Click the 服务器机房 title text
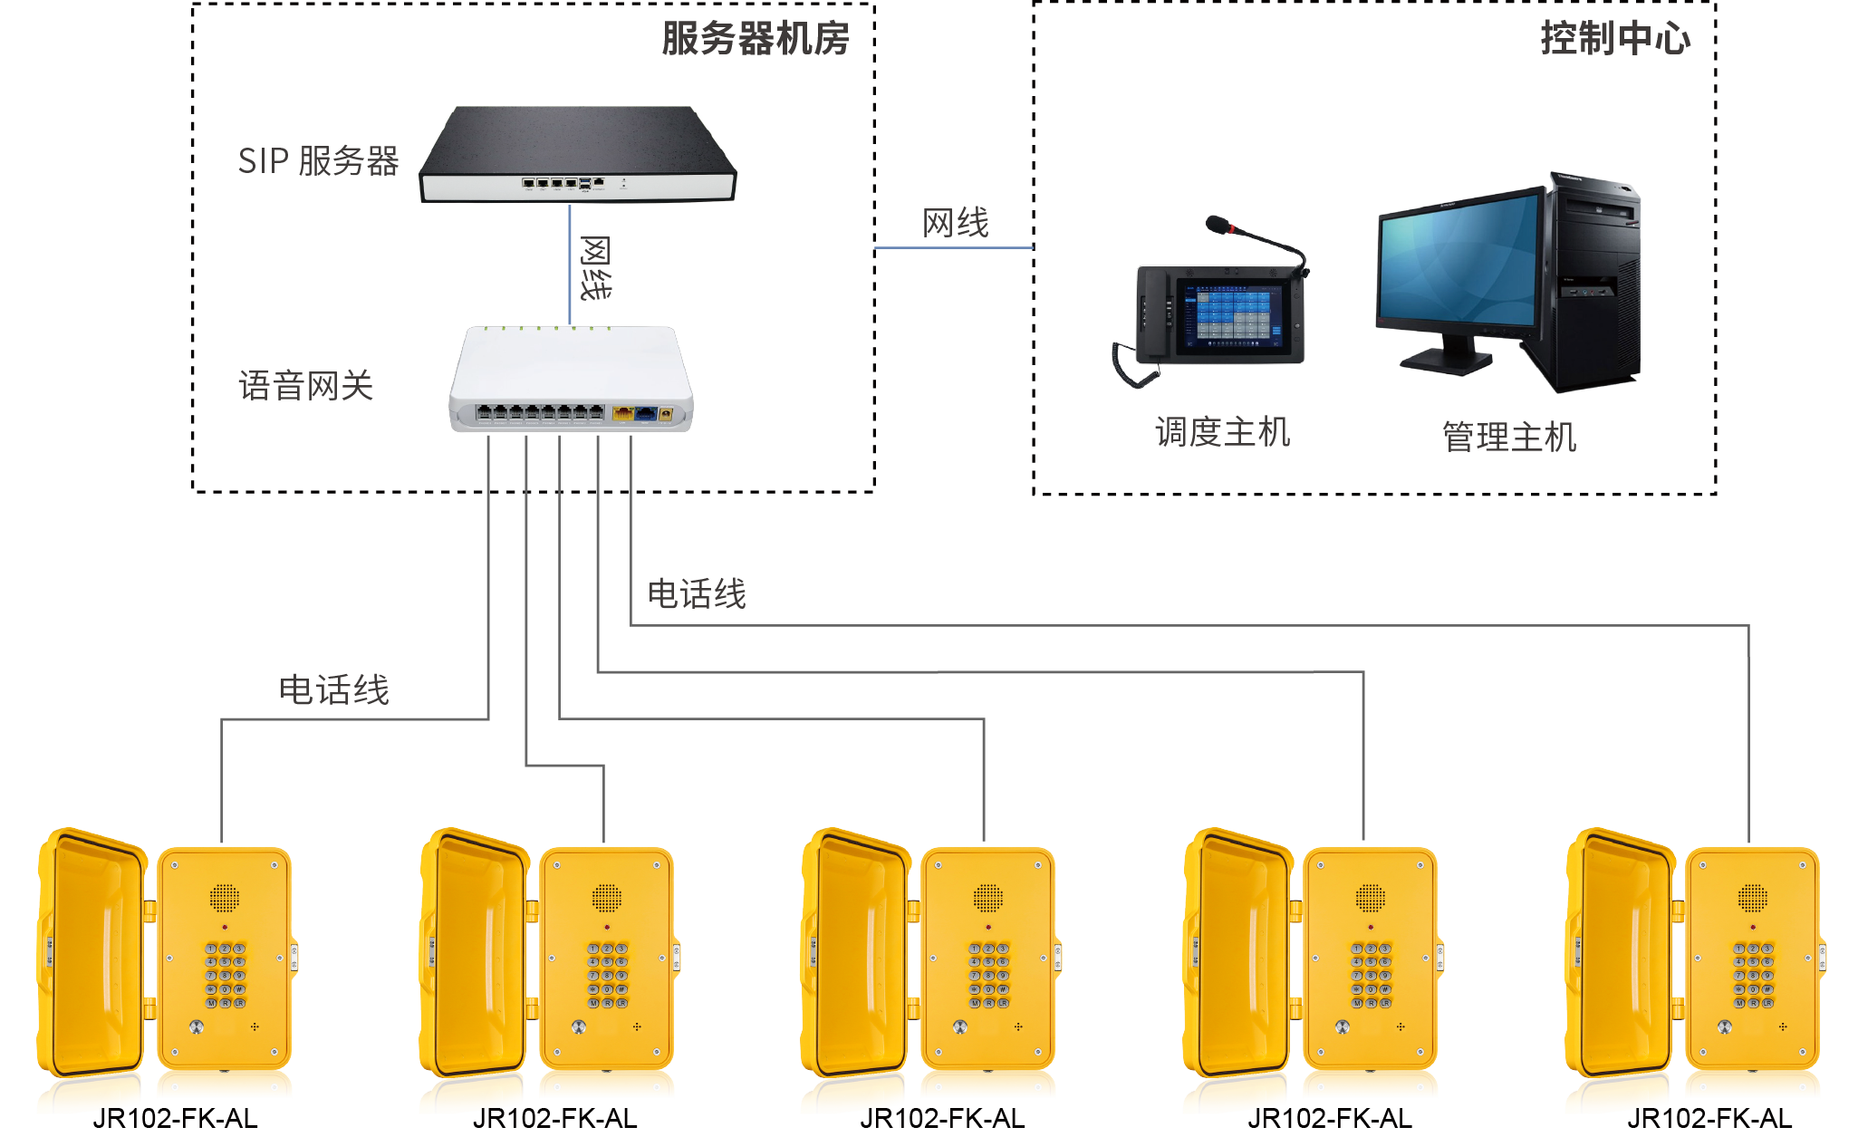coord(755,39)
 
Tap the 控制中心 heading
coord(1614,39)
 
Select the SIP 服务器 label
coord(318,161)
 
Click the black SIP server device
coord(577,154)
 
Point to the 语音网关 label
coord(306,386)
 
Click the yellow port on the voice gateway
coord(623,414)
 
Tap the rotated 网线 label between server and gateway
coord(595,268)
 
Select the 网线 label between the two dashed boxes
coord(956,223)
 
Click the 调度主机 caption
coord(1222,432)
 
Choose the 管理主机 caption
coord(1509,438)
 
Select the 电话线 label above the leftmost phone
coord(333,690)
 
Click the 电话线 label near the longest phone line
coord(697,594)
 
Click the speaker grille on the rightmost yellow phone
coord(1752,898)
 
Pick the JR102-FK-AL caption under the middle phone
coord(942,1119)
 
